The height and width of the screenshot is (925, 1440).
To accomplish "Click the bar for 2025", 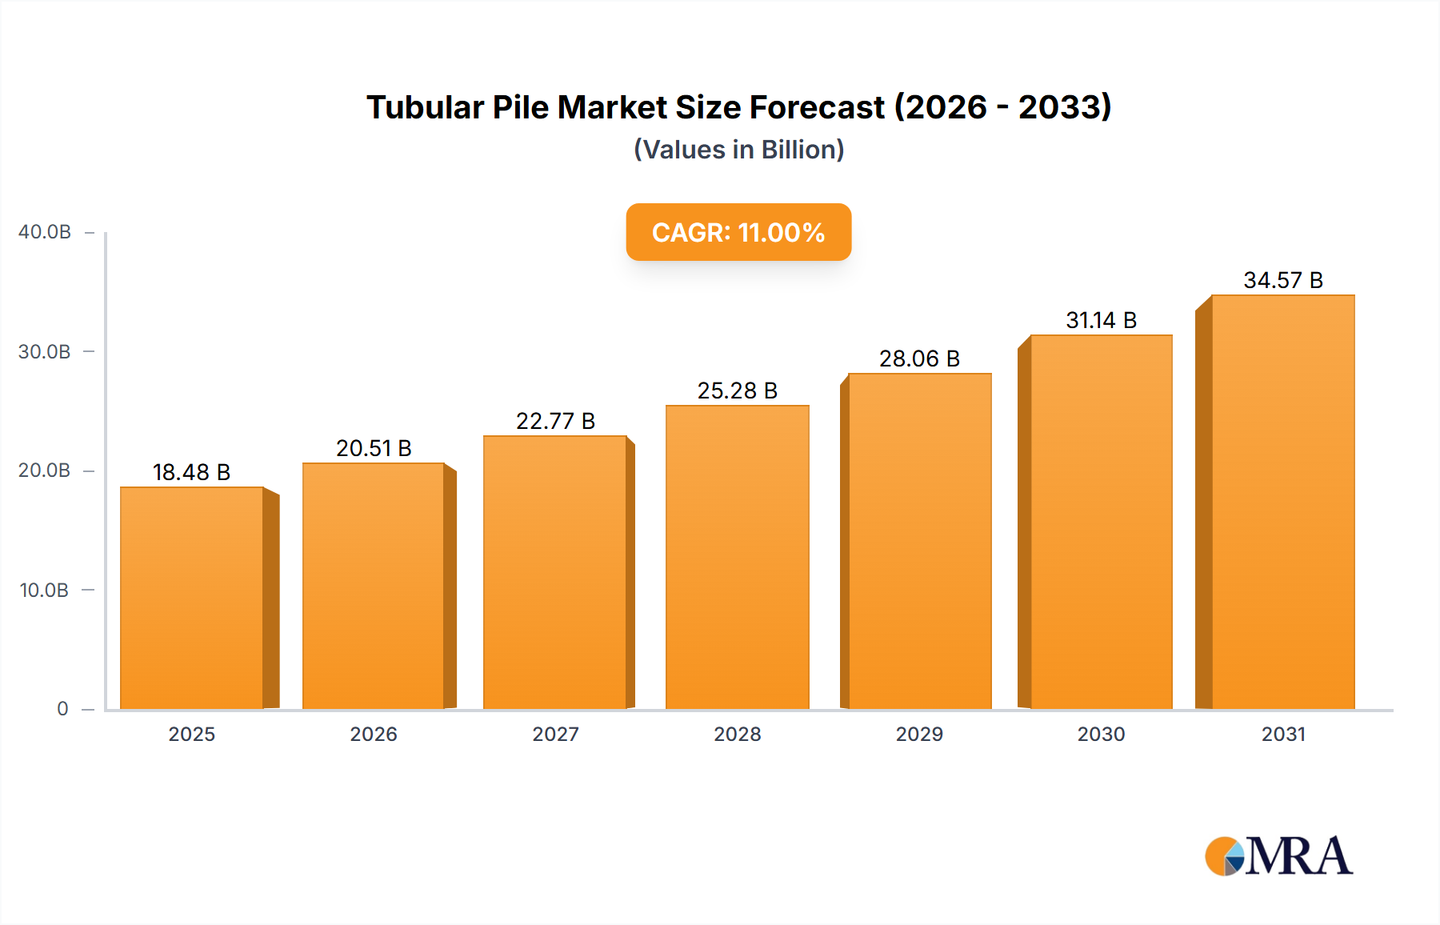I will tap(192, 598).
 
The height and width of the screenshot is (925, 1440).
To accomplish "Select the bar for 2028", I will tap(737, 557).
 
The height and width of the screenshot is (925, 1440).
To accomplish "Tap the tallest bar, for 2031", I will tap(1282, 502).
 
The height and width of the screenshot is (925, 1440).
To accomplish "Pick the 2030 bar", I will tap(1101, 522).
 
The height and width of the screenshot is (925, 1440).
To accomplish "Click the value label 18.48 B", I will tap(191, 472).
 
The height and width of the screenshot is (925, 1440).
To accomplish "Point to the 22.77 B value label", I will tap(555, 421).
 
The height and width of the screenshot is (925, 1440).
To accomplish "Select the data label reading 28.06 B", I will tap(919, 358).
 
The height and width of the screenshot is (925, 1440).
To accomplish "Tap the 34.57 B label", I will tap(1282, 280).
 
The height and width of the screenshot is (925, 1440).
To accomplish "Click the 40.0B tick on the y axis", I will tap(45, 232).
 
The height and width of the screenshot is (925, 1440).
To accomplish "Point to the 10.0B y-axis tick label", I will tap(44, 591).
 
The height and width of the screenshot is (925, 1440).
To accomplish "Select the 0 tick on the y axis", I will tap(62, 709).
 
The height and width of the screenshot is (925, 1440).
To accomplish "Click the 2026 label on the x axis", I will tap(374, 735).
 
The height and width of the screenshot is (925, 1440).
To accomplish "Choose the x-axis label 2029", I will tap(919, 735).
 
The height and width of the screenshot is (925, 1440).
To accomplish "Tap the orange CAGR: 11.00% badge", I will tap(738, 232).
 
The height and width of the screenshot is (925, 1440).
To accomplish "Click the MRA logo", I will tap(1278, 856).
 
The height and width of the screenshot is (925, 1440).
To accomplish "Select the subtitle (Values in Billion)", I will tap(738, 150).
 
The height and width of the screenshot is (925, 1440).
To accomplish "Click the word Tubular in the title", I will tap(425, 107).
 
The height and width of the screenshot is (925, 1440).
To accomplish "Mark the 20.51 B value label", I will tap(374, 448).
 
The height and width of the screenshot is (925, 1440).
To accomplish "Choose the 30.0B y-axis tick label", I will tap(45, 352).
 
